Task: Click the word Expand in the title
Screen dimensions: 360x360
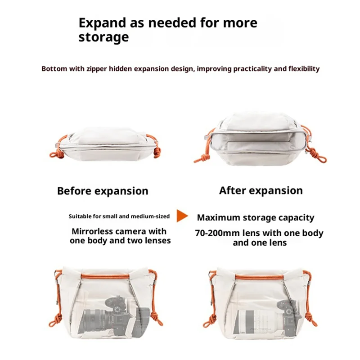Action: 103,23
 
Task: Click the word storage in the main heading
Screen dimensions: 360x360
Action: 103,37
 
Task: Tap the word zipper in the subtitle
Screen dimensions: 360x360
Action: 97,69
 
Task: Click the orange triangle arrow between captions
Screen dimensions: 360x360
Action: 182,216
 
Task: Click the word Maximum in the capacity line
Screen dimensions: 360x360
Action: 218,217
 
